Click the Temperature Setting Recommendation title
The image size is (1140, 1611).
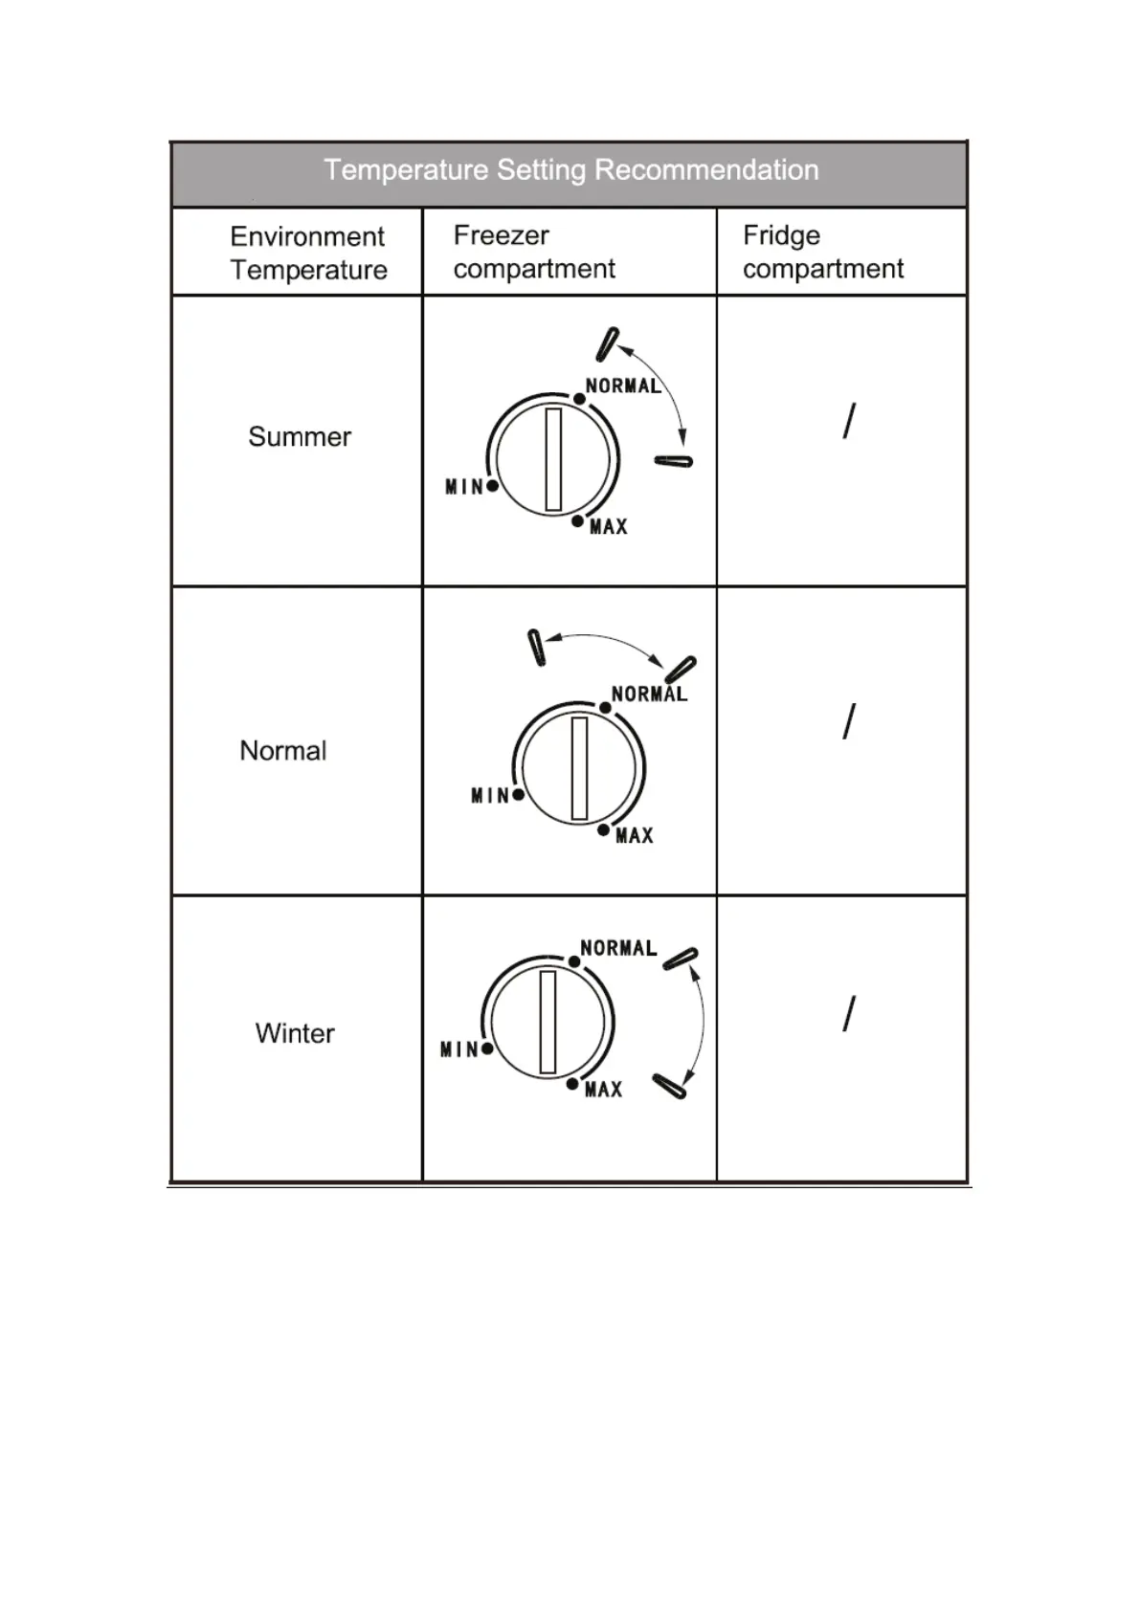[x=570, y=170]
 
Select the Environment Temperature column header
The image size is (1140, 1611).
[x=308, y=254]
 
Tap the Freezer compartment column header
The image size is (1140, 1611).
[x=533, y=253]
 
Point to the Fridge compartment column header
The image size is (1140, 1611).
[x=822, y=253]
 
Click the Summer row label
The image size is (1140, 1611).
[x=300, y=437]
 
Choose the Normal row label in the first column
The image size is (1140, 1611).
[x=282, y=751]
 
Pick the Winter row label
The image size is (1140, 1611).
[x=295, y=1034]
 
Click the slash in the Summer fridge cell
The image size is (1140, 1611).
[x=849, y=421]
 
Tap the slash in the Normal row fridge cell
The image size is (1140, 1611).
[x=849, y=721]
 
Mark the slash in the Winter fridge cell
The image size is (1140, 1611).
[x=849, y=1014]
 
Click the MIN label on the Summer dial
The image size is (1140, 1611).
[x=464, y=487]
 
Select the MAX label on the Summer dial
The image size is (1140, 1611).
[x=609, y=527]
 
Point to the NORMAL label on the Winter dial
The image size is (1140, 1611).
[x=618, y=948]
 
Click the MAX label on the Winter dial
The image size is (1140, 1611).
[x=604, y=1090]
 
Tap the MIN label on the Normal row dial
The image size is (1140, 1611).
[x=490, y=796]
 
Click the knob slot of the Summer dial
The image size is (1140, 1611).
[x=553, y=459]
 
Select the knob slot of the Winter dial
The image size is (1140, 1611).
[x=548, y=1022]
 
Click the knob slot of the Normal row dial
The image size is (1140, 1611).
[x=579, y=768]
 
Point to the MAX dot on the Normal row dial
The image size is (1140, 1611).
[x=603, y=830]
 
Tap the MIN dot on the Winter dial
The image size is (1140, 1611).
[x=487, y=1048]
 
